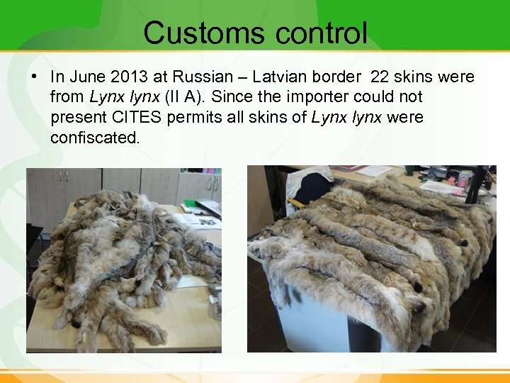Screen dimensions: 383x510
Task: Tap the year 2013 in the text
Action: [x=126, y=77]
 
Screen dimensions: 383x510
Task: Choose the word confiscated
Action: [x=95, y=138]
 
